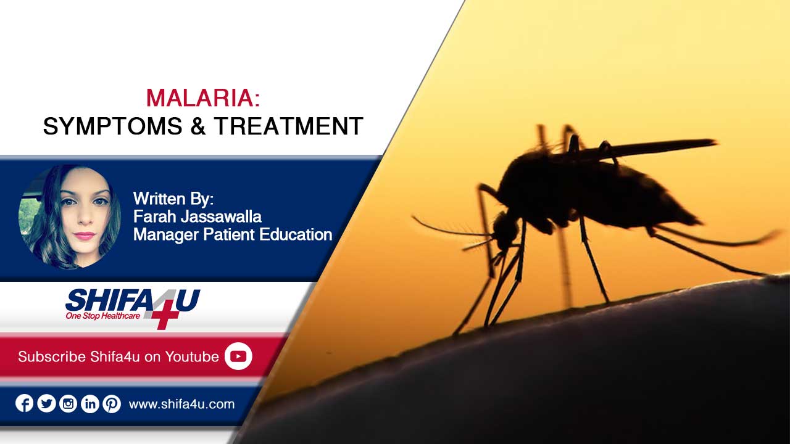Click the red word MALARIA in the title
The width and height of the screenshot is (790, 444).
coord(200,97)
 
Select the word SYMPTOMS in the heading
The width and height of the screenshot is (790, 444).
coord(112,126)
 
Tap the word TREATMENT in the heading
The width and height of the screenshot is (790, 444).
coord(288,126)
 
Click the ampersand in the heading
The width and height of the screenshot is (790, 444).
coord(198,126)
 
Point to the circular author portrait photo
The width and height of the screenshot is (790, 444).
coord(70,216)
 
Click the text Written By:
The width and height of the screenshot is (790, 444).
coord(173,199)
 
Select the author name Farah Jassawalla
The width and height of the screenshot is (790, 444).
coord(197,216)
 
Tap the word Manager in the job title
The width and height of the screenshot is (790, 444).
coord(166,235)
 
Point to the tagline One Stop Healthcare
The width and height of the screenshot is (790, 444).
coord(102,316)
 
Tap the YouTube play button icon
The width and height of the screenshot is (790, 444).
coord(238,356)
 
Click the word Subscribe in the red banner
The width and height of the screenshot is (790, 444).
coord(52,356)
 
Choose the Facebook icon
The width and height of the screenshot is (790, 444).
coord(24,403)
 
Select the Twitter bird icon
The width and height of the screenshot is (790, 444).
coord(46,403)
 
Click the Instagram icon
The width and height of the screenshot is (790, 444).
coord(68,403)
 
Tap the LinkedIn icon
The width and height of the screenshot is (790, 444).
coord(90,403)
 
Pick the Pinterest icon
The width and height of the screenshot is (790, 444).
coord(112,403)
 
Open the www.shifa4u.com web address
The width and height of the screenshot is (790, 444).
coord(181,404)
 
